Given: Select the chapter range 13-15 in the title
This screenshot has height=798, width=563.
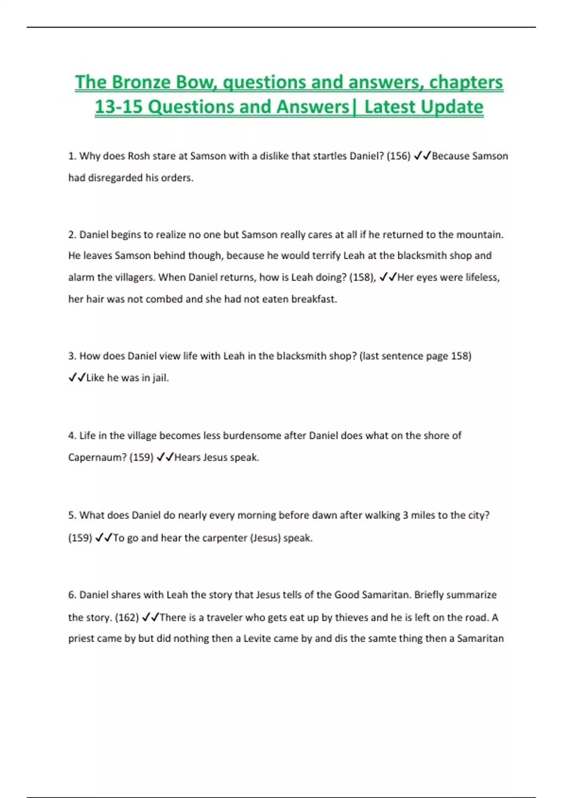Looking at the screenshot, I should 118,107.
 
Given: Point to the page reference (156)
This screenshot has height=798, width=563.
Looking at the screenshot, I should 398,156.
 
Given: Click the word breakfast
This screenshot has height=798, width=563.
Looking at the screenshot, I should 314,299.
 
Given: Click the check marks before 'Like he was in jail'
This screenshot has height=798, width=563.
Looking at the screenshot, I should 77,378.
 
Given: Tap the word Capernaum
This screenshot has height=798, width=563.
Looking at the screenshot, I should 97,457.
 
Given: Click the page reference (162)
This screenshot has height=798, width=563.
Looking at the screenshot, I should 127,617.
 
